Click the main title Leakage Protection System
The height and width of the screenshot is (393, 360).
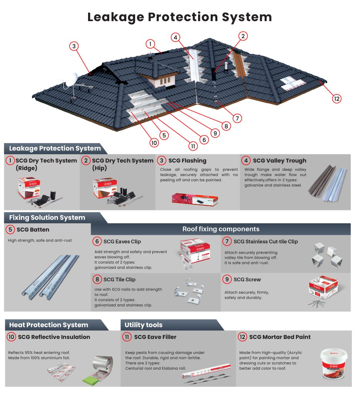[180, 17]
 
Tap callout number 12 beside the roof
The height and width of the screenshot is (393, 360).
[337, 99]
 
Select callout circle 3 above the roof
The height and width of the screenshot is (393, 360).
[75, 46]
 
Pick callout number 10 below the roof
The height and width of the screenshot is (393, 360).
[154, 142]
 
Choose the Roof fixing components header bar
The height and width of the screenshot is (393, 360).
[220, 229]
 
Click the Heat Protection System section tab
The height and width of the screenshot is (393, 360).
[48, 325]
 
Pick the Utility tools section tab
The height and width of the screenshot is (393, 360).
[143, 325]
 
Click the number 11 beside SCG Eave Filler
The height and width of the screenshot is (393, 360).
[127, 337]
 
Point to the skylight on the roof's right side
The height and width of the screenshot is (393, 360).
[295, 83]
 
